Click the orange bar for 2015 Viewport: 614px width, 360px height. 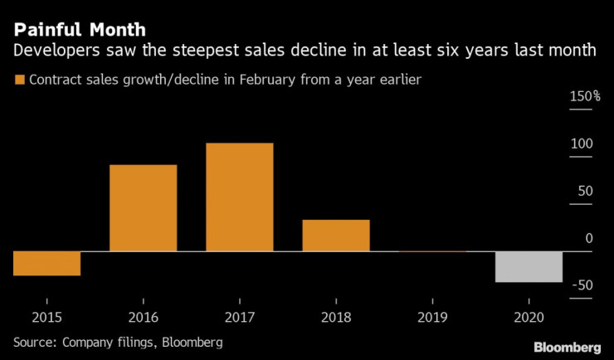click(x=46, y=263)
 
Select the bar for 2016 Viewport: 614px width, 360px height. click(x=143, y=208)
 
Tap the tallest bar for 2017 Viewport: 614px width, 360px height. click(x=239, y=197)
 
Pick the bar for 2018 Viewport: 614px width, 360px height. click(x=335, y=236)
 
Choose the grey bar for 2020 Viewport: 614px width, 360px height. click(x=529, y=266)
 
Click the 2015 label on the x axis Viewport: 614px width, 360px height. click(x=46, y=317)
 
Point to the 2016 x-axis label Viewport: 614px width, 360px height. click(x=143, y=317)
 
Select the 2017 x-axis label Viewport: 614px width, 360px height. click(x=239, y=317)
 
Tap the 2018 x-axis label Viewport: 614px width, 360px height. click(x=335, y=317)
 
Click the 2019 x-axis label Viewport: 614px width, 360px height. click(x=431, y=317)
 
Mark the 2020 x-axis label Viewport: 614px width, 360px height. click(x=529, y=317)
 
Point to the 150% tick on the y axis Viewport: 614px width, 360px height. click(x=585, y=97)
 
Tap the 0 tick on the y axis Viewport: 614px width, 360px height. click(x=589, y=239)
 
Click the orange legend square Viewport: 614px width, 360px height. click(x=19, y=80)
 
